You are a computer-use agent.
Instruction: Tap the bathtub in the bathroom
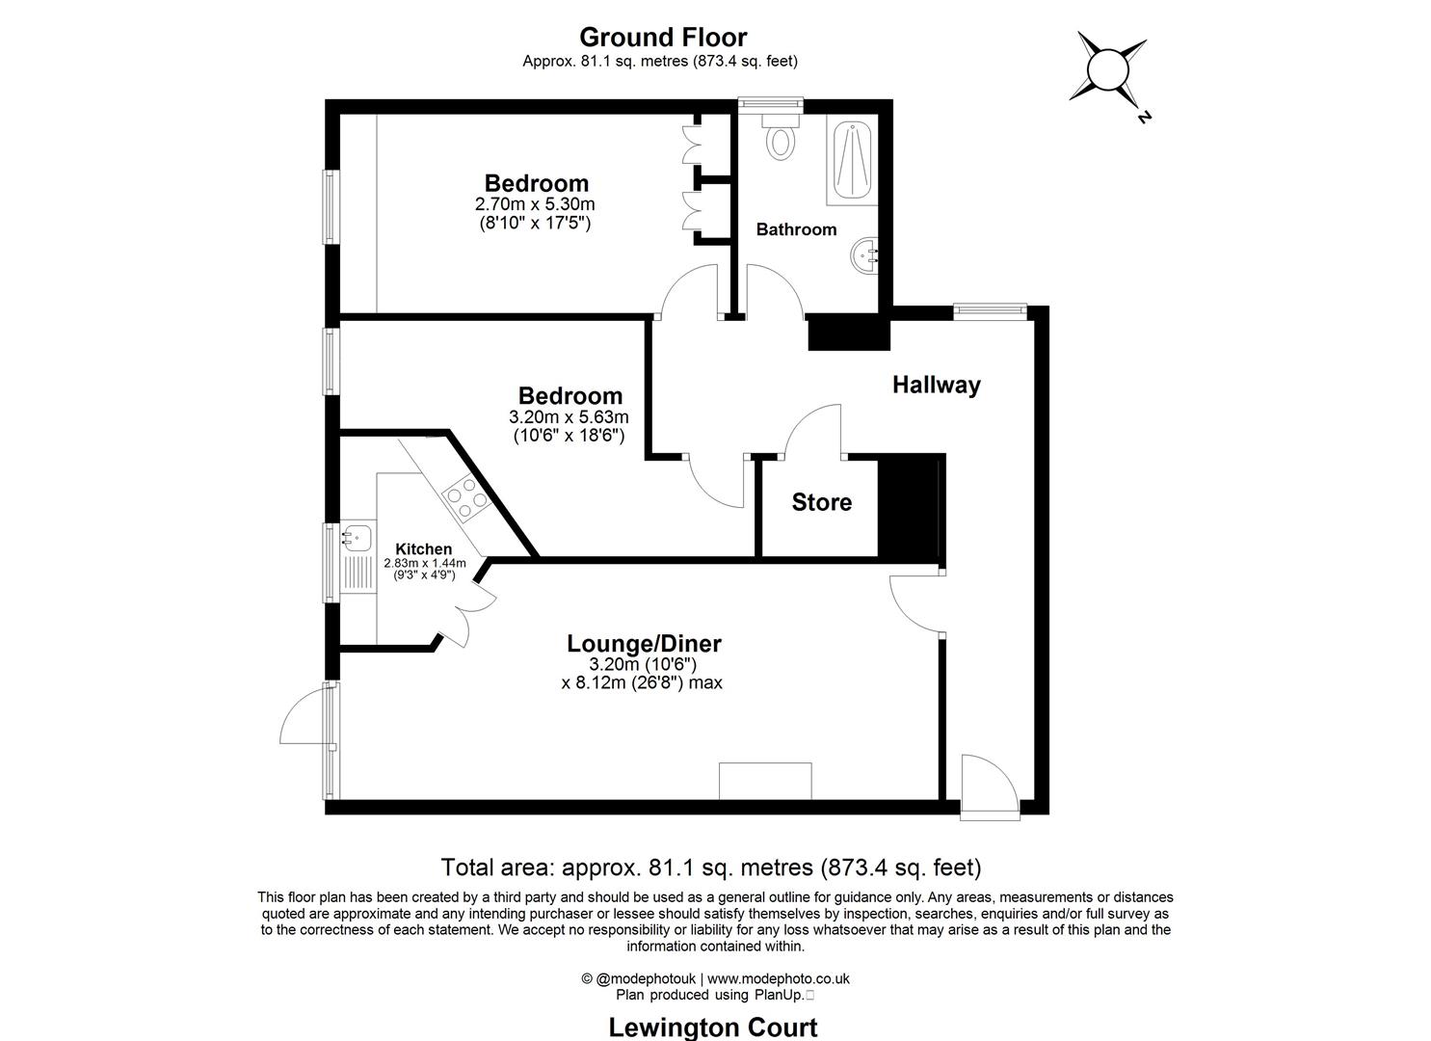click(x=851, y=160)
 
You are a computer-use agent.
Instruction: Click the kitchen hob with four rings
click(x=464, y=497)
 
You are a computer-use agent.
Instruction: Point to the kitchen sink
click(x=357, y=535)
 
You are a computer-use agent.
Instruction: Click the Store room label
click(x=822, y=502)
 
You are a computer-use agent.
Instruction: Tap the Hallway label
click(x=936, y=386)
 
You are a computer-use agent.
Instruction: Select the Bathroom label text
click(x=796, y=229)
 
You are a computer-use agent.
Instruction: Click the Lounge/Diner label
click(x=644, y=643)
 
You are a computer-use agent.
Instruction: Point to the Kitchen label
click(x=423, y=549)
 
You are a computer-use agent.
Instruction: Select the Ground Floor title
click(x=662, y=38)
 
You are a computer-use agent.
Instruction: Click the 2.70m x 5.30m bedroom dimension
click(x=535, y=204)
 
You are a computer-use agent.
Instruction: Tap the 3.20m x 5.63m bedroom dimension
click(x=569, y=417)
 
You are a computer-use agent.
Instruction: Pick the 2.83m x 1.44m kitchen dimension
click(x=424, y=564)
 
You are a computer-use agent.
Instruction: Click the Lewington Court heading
click(x=712, y=1027)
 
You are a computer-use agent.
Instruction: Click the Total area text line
click(x=710, y=866)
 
